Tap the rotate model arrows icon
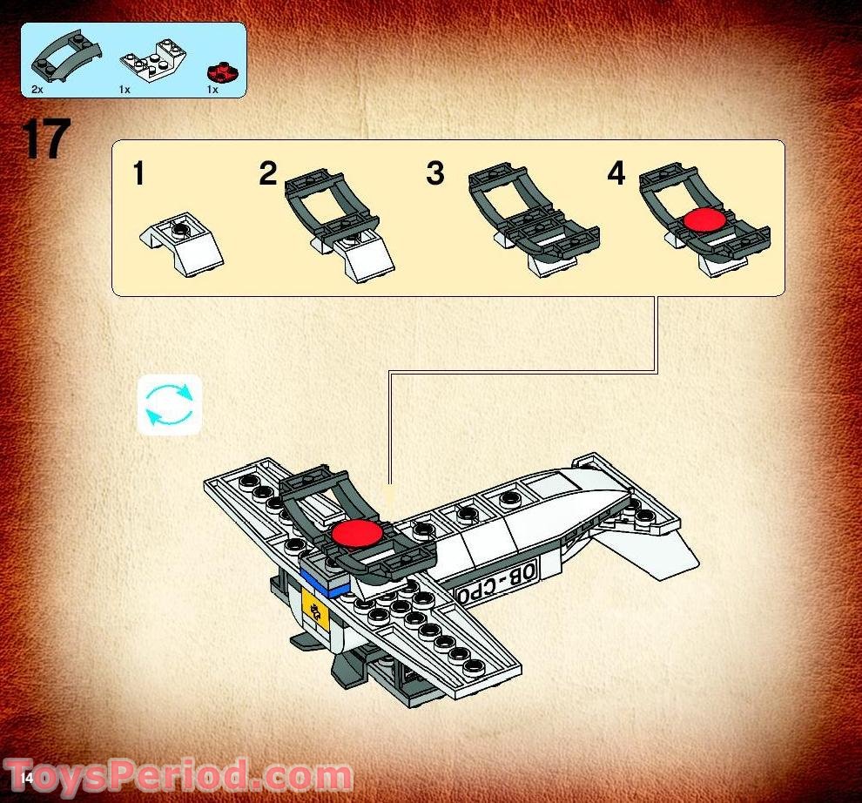tap(171, 405)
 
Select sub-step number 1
tap(138, 174)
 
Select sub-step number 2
tap(268, 174)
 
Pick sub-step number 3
tap(435, 173)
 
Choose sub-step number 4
tap(616, 173)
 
